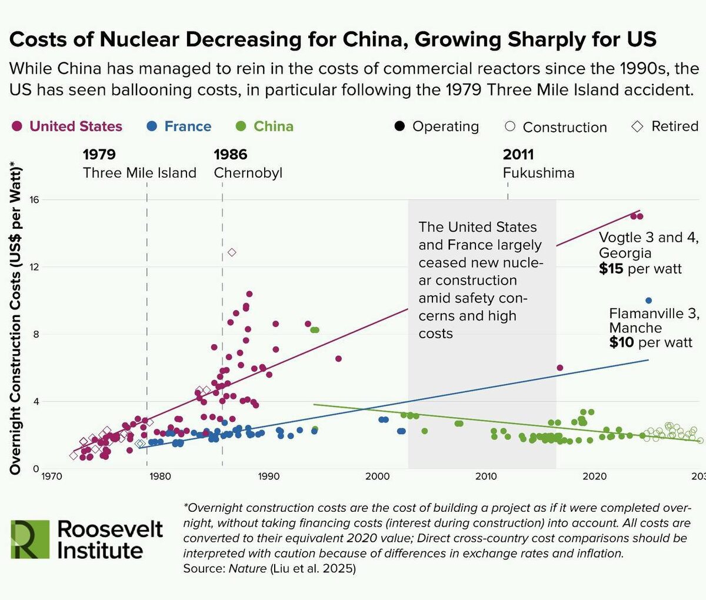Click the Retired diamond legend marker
tap(637, 126)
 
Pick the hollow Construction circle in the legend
tap(510, 126)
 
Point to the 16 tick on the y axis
tap(34, 200)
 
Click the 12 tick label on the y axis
tap(34, 267)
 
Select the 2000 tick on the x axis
tap(377, 476)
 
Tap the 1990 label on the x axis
tap(269, 476)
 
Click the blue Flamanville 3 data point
tap(648, 301)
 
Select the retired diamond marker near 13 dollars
tap(232, 252)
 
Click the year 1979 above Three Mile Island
tap(99, 155)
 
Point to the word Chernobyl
tap(248, 173)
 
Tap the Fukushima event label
tap(538, 173)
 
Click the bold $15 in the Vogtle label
tap(611, 269)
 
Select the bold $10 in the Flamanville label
tap(621, 343)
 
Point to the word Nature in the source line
tap(244, 569)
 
